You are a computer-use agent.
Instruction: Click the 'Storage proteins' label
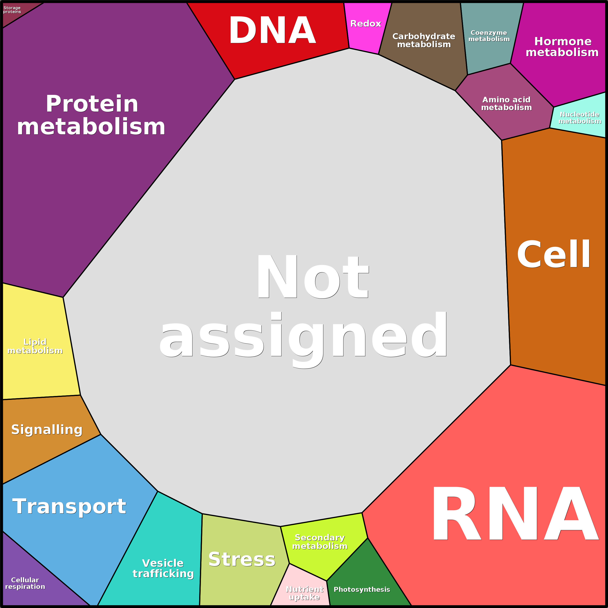tap(12, 10)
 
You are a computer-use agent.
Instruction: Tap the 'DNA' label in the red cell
tap(272, 30)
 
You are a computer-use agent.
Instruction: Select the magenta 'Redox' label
tap(366, 24)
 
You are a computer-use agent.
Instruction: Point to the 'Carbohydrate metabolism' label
tap(424, 40)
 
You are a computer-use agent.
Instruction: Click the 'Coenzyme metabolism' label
tap(489, 36)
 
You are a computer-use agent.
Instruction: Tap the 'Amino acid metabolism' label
tap(506, 104)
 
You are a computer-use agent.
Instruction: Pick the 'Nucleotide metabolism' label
tap(580, 118)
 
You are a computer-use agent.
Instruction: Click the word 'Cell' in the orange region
tap(554, 254)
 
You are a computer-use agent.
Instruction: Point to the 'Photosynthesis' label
tap(362, 589)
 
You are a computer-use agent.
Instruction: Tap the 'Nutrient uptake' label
tap(305, 593)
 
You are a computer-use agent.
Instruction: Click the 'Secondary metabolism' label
tap(320, 542)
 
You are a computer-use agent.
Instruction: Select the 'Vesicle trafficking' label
tap(163, 568)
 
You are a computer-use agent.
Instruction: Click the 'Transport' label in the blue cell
tap(69, 506)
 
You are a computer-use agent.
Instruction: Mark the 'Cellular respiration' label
tap(25, 583)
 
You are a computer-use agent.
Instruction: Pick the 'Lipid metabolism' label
tap(35, 346)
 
